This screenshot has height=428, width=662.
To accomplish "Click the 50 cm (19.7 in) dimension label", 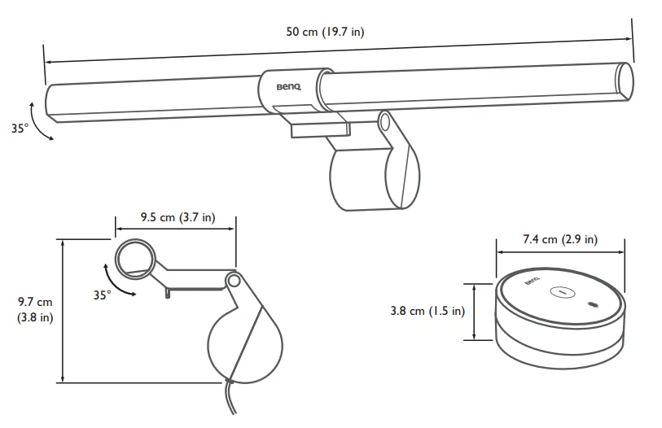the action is [325, 32].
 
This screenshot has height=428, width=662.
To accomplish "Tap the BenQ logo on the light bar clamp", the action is [289, 87].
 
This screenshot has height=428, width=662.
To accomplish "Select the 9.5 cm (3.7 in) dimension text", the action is [178, 217].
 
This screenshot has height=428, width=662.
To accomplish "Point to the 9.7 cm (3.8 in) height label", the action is [35, 309].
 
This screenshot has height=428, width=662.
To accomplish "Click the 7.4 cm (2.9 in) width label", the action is [560, 239].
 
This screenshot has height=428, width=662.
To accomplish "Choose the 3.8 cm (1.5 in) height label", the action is [427, 311].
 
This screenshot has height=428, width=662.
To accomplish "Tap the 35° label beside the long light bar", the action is [20, 128].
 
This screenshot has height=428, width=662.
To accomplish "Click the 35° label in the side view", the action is [102, 295].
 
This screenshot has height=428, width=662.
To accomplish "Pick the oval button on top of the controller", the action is [563, 291].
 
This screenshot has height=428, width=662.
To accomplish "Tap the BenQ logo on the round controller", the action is [532, 281].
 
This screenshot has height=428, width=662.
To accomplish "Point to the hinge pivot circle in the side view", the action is [233, 280].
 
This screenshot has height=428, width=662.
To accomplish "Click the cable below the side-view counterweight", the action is [230, 399].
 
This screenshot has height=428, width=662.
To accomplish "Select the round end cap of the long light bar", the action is [625, 82].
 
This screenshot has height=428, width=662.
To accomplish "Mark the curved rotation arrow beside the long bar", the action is [37, 121].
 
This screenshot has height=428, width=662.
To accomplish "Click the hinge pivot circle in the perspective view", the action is [384, 122].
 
